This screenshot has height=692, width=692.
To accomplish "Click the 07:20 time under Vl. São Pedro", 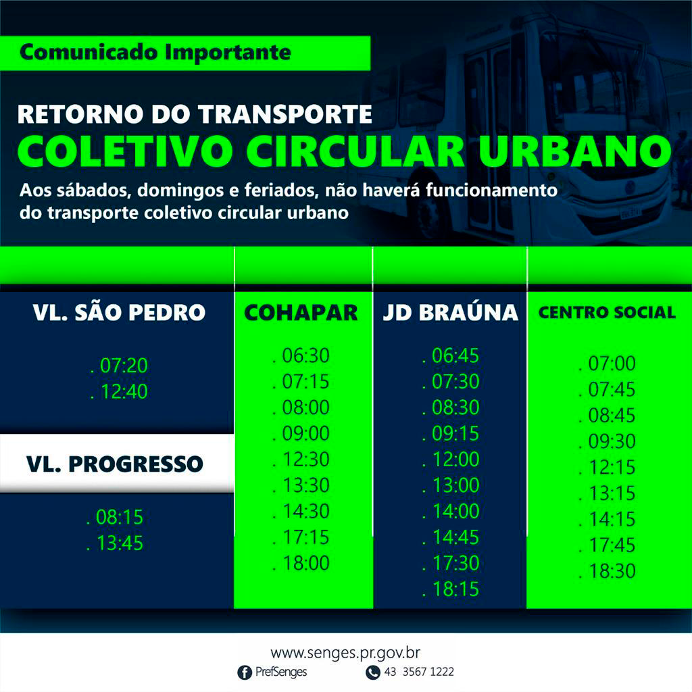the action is tap(124, 366).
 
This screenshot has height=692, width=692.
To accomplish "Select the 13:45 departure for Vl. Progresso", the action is tap(120, 543).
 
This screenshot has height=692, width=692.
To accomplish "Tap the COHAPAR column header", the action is tap(301, 312).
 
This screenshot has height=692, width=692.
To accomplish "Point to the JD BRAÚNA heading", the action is tap(450, 312).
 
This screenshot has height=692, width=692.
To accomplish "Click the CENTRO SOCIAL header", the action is tap(607, 312).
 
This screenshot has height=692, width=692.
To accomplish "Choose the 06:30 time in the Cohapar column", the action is tap(306, 355).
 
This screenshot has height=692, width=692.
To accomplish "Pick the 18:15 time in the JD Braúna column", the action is tap(455, 589).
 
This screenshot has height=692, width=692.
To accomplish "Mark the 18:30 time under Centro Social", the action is tap(612, 571).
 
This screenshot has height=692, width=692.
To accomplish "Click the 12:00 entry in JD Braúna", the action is tap(455, 460).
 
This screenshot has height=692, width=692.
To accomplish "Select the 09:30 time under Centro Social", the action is tap(612, 441).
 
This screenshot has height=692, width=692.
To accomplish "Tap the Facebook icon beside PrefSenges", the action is tap(245, 672).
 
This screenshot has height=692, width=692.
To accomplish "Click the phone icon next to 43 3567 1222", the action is tap(373, 672).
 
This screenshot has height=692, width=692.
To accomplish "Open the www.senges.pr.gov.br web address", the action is tap(345, 653).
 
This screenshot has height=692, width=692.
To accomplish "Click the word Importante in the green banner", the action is tap(228, 53).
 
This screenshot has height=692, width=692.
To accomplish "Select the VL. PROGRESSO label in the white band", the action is tap(115, 464).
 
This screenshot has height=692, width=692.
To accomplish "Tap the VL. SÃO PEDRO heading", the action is tap(119, 312).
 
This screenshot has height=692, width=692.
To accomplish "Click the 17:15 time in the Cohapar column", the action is tap(306, 537).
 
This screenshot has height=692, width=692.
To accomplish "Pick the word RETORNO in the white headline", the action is tap(80, 114).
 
